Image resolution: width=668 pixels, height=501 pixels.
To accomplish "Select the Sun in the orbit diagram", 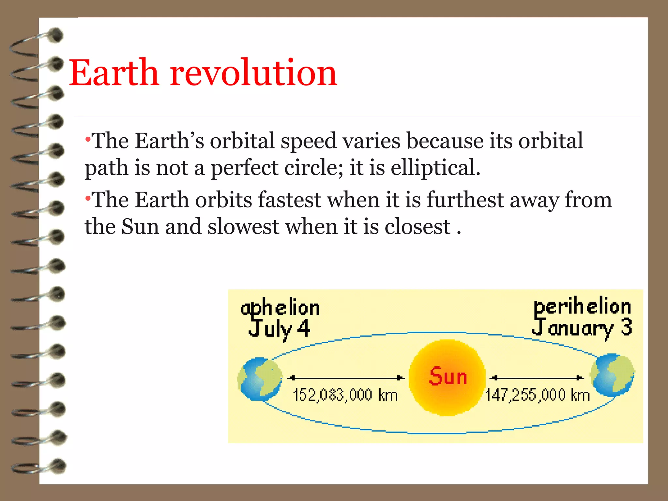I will click(447, 377).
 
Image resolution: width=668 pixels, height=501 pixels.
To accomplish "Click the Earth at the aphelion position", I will click(260, 379).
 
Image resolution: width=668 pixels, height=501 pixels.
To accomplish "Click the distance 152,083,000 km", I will click(345, 395).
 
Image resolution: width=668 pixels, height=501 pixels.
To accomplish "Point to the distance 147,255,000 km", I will click(537, 395).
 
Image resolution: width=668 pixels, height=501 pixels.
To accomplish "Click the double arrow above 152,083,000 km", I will click(346, 378).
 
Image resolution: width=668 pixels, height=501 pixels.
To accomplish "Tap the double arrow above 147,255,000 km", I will click(537, 378).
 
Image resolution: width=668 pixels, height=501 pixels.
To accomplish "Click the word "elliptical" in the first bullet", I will click(435, 168).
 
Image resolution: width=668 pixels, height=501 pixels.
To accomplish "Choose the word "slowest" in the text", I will click(243, 226).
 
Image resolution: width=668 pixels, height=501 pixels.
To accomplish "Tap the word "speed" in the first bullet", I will click(308, 142).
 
